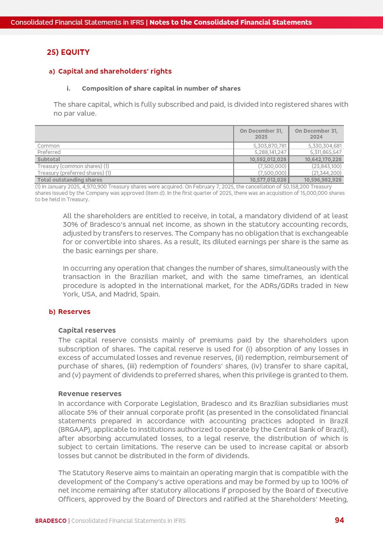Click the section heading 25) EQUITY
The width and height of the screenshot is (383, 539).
point(68,52)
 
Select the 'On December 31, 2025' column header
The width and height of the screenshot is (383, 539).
point(261,134)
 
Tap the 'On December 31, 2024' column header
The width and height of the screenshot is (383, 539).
point(316,134)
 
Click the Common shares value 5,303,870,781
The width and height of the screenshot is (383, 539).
point(270,146)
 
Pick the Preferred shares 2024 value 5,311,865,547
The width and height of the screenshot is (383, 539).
point(326,152)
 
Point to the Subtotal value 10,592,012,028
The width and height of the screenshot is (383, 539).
point(268,160)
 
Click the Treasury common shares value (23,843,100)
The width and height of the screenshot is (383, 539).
point(326,166)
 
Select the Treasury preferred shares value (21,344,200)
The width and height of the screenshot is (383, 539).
point(326,173)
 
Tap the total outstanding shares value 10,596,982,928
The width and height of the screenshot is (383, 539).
point(323,180)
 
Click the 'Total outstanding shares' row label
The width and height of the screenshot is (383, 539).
point(70,180)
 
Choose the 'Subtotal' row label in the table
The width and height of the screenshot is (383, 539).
point(49,160)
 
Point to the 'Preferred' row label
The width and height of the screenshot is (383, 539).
point(49,152)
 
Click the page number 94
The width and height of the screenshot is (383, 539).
point(339,520)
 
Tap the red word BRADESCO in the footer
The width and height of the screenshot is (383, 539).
point(51,521)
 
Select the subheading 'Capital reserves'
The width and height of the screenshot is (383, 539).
point(87,330)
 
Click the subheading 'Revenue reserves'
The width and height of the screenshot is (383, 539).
point(90,394)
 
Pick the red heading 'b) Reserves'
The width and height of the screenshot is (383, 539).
point(70,311)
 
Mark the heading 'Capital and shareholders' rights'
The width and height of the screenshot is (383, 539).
point(115,71)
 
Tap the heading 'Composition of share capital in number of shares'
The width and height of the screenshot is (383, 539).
point(161,88)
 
